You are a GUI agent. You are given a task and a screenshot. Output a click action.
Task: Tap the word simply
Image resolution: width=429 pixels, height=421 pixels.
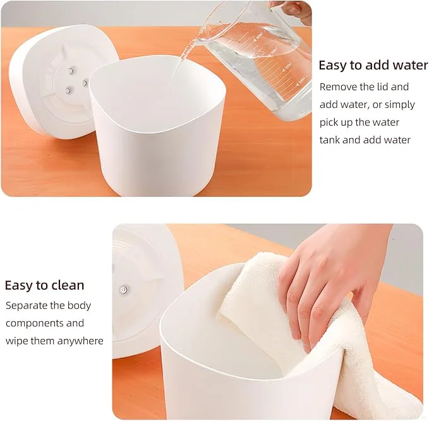point(398,104)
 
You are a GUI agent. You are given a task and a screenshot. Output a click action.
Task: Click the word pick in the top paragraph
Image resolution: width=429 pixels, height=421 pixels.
point(330,122)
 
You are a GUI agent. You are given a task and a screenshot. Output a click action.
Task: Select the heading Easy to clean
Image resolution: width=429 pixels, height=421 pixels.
point(44,285)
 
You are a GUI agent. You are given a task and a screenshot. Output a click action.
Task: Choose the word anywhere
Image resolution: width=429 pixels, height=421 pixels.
point(81,341)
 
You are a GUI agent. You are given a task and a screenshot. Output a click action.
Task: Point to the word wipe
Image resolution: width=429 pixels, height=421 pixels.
point(16,341)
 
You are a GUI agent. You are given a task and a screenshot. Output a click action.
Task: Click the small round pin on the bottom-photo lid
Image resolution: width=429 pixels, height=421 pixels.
point(124,290)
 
